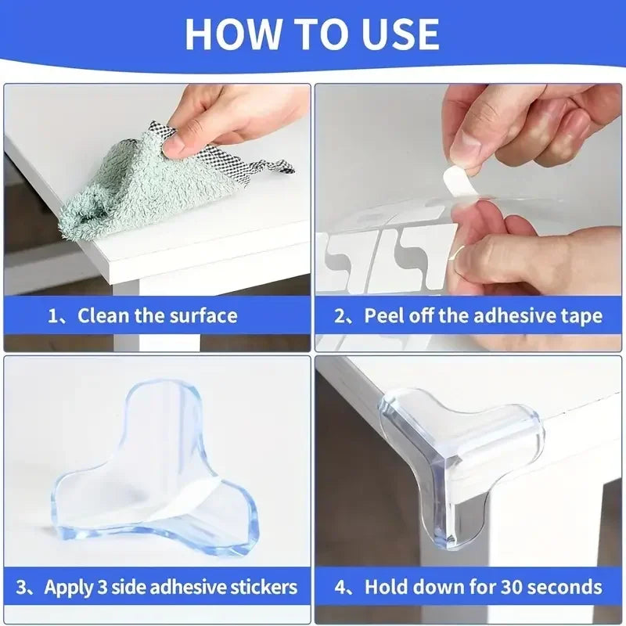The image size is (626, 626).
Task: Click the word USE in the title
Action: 398,34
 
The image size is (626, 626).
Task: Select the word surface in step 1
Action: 202,316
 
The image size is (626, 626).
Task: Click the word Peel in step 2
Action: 383,316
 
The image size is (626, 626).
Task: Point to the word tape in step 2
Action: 583,316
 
